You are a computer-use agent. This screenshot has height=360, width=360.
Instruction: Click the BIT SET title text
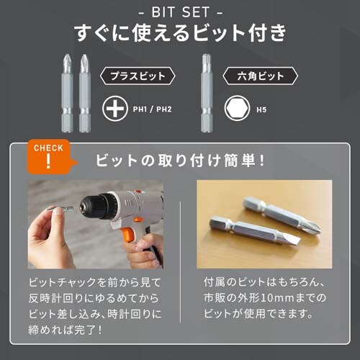(x=180, y=13)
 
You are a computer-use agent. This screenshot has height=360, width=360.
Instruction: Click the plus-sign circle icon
(x=114, y=110)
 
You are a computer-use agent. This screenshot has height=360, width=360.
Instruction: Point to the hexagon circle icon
(x=238, y=110)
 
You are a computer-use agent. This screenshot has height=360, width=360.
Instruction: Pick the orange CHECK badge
(x=48, y=156)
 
